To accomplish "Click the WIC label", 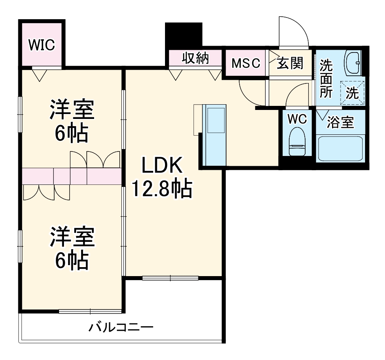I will pyautogui.click(x=41, y=45).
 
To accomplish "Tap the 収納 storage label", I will pyautogui.click(x=195, y=59).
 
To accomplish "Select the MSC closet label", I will pyautogui.click(x=246, y=63).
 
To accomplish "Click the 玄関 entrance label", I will pyautogui.click(x=290, y=63).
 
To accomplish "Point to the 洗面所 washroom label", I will pyautogui.click(x=326, y=78).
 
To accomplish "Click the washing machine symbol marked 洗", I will pyautogui.click(x=352, y=93).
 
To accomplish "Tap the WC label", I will pyautogui.click(x=297, y=119).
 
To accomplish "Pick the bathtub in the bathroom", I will pyautogui.click(x=341, y=149).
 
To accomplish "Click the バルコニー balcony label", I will pyautogui.click(x=121, y=327).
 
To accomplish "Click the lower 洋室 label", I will pyautogui.click(x=72, y=238).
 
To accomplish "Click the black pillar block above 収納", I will pyautogui.click(x=184, y=35).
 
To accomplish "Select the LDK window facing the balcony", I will pyautogui.click(x=170, y=278).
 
